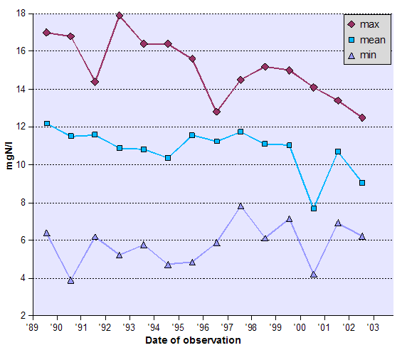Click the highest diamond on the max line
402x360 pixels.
[120, 16]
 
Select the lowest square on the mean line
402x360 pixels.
[314, 208]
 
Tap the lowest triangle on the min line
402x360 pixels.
[71, 280]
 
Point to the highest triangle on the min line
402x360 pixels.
[240, 206]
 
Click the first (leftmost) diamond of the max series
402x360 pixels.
[47, 32]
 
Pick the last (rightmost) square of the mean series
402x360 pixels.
[362, 183]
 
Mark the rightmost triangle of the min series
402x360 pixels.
[362, 236]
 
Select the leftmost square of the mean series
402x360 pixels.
[47, 124]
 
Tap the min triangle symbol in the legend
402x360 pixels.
[351, 54]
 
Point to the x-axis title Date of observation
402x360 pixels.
[193, 340]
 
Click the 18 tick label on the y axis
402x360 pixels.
[20, 14]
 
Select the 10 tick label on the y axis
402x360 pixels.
[20, 165]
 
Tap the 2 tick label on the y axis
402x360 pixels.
[23, 316]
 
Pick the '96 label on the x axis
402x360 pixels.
[203, 327]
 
